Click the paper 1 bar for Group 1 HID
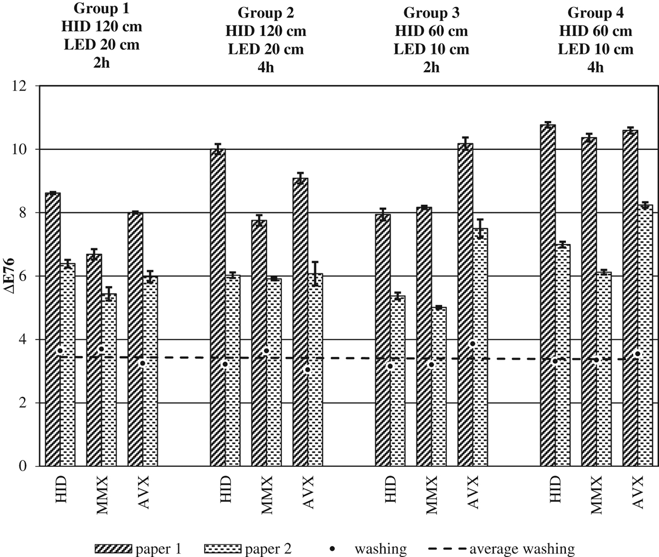coord(53,329)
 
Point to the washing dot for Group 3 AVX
coord(472,344)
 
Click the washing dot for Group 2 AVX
coord(307,370)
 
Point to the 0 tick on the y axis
coord(23,466)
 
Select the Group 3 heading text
coord(431,12)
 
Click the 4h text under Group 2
coord(266,67)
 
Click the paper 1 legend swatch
coord(113,549)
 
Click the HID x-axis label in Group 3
coord(390,489)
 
